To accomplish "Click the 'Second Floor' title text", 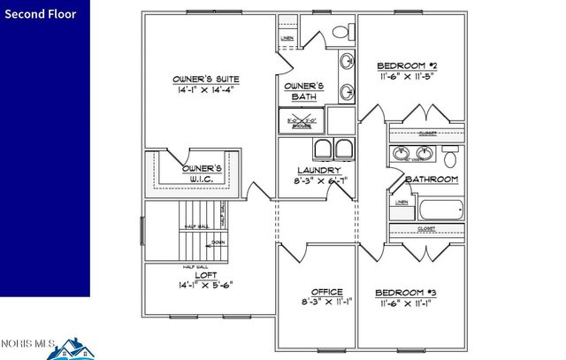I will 44,14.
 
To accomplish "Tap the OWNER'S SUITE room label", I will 206,80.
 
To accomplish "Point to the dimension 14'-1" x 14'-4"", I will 206,90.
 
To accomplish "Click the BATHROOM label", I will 432,180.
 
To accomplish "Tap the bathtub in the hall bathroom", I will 440,211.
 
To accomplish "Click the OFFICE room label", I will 326,292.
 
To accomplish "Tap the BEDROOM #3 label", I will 406,292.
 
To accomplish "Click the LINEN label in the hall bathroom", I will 402,203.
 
